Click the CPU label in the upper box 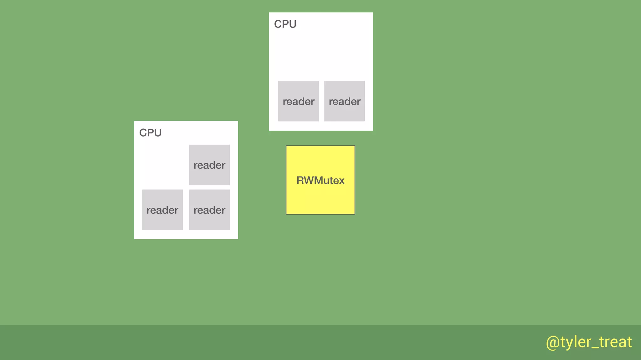(285, 24)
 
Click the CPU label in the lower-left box (150, 133)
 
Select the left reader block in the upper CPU (298, 101)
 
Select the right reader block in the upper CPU (344, 101)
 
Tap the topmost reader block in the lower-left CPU (209, 165)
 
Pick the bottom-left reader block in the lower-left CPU (162, 210)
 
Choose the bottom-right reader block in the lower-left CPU (209, 210)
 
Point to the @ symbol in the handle (553, 342)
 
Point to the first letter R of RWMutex (300, 181)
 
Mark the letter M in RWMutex (319, 181)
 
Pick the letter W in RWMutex (309, 181)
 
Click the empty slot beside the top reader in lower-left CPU (162, 165)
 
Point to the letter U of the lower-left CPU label (158, 133)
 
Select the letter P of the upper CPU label (285, 24)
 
